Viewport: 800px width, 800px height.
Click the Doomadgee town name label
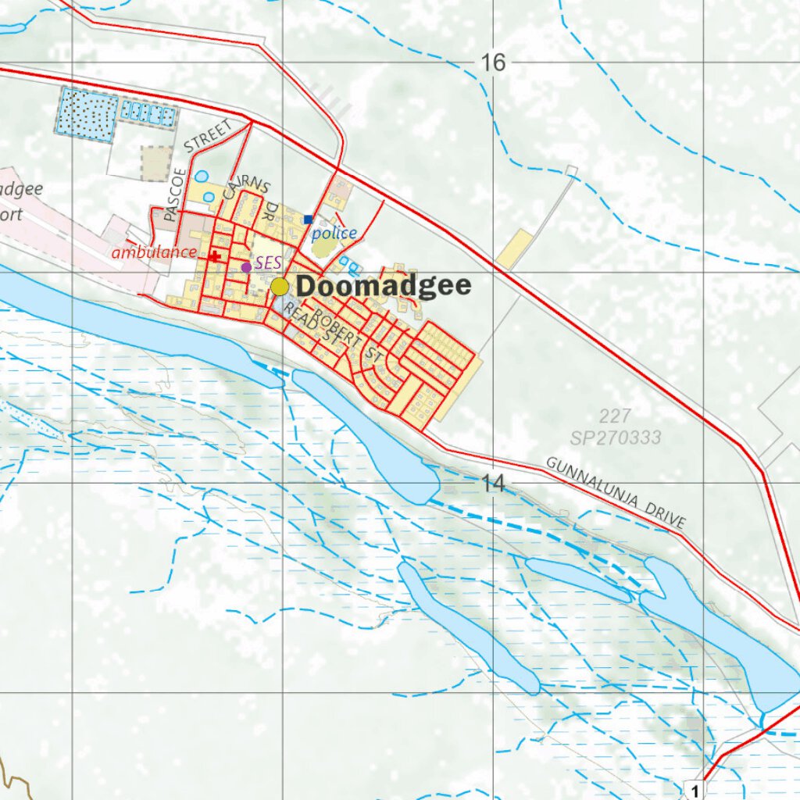(x=384, y=286)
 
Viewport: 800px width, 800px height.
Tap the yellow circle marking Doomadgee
(x=280, y=287)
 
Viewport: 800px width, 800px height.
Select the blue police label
(x=334, y=233)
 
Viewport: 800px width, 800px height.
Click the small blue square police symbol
(x=309, y=220)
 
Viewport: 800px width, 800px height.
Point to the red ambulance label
(x=154, y=252)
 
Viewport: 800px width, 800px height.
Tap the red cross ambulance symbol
(x=215, y=255)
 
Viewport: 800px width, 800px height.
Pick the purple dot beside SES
(x=246, y=267)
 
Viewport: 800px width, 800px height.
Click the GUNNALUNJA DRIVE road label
(x=616, y=493)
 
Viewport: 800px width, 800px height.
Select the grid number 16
(x=493, y=62)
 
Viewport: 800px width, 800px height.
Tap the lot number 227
(x=616, y=416)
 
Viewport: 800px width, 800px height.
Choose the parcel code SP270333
(x=616, y=437)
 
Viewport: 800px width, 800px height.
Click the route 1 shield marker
(x=694, y=790)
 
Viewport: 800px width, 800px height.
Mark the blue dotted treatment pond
(x=87, y=115)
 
